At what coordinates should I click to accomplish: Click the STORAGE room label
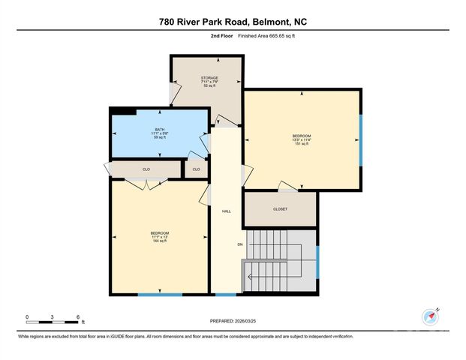point(209,77)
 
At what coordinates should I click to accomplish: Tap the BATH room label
point(159,129)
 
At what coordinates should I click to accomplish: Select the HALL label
point(226,211)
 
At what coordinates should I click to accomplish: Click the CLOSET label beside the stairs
point(280,209)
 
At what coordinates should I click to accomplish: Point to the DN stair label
point(239,244)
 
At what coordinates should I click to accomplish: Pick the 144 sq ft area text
point(160,241)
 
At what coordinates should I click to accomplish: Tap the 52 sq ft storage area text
point(209,85)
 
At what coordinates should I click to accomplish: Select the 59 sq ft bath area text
point(159,137)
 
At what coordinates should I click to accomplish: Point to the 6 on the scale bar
point(77,316)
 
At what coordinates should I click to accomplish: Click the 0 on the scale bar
point(27,316)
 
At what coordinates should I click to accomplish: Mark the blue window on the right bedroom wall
point(361,141)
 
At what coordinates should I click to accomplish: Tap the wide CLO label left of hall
point(146,169)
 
